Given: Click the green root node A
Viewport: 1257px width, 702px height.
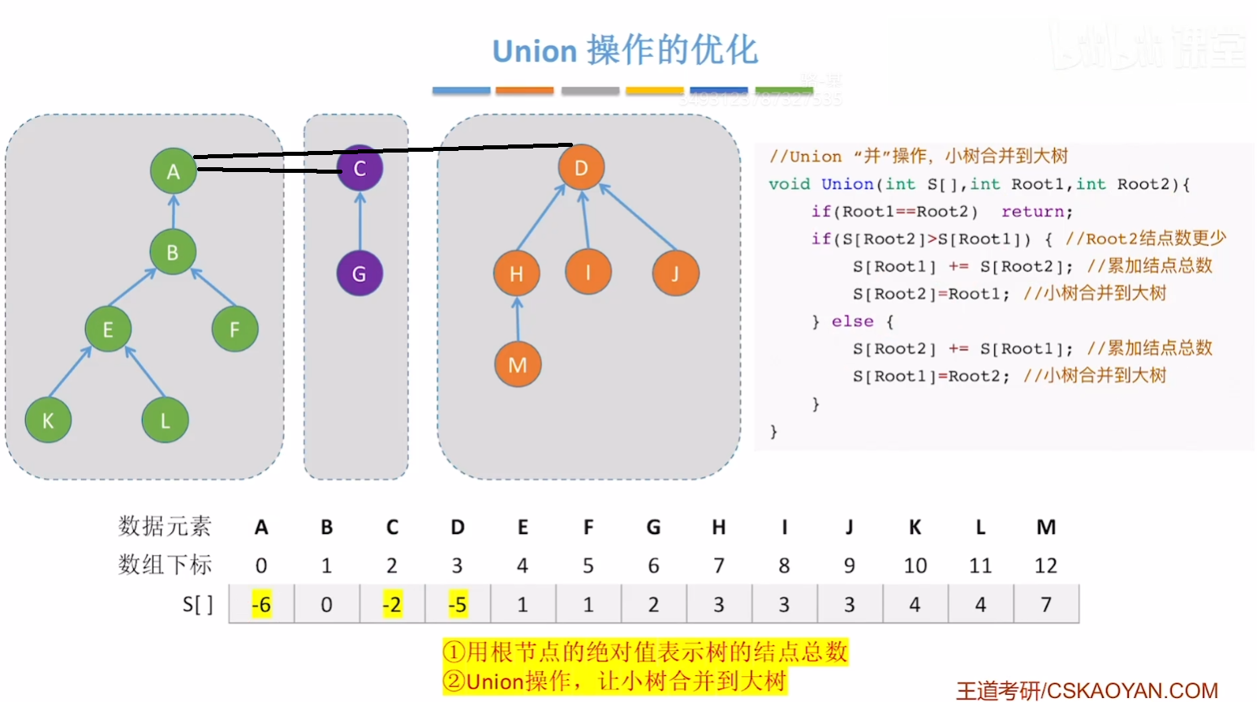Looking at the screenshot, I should pyautogui.click(x=173, y=171).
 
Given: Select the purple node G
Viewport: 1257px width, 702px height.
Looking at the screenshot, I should pyautogui.click(x=359, y=273).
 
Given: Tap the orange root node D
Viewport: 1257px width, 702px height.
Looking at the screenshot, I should pyautogui.click(x=581, y=168).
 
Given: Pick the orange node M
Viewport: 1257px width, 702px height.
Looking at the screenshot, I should pyautogui.click(x=518, y=364).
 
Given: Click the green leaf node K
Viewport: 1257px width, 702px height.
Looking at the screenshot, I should pyautogui.click(x=48, y=420).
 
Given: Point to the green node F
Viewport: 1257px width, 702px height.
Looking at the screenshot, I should pyautogui.click(x=235, y=329).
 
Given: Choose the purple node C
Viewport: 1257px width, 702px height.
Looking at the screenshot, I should pyautogui.click(x=359, y=169).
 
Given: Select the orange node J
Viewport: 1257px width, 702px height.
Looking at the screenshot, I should pyautogui.click(x=675, y=273).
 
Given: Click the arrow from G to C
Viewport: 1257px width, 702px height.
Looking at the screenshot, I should pyautogui.click(x=360, y=221).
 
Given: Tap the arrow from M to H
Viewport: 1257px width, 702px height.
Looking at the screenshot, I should pyautogui.click(x=518, y=319).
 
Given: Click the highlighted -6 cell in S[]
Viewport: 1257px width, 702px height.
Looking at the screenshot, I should pyautogui.click(x=261, y=605).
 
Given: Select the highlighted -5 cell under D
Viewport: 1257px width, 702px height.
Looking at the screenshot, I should pyautogui.click(x=458, y=605).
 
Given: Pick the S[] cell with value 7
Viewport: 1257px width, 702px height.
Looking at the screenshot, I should pyautogui.click(x=1046, y=605).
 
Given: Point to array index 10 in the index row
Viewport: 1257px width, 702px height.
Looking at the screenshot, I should pyautogui.click(x=915, y=566).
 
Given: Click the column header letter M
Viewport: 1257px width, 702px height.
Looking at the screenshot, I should pyautogui.click(x=1046, y=528).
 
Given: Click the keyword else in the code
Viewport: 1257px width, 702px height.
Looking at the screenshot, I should pyautogui.click(x=852, y=321).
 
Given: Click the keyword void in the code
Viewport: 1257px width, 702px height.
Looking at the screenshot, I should pyautogui.click(x=789, y=184).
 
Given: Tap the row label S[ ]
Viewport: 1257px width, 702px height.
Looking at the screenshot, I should pyautogui.click(x=197, y=605).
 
